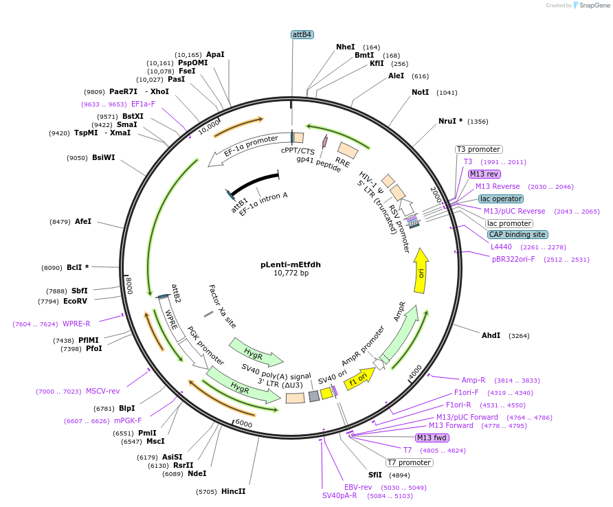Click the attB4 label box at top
(x=302, y=34)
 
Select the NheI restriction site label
(x=346, y=47)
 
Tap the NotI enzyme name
(x=420, y=92)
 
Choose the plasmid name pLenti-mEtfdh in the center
(x=291, y=264)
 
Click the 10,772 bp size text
(x=291, y=273)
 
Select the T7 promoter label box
(x=408, y=462)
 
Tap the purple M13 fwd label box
(x=432, y=438)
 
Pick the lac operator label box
(x=501, y=199)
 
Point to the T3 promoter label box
(x=479, y=149)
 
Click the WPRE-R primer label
(x=76, y=324)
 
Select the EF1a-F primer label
(x=143, y=104)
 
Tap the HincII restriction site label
(x=233, y=491)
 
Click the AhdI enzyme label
(x=491, y=335)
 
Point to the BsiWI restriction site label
(x=103, y=157)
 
